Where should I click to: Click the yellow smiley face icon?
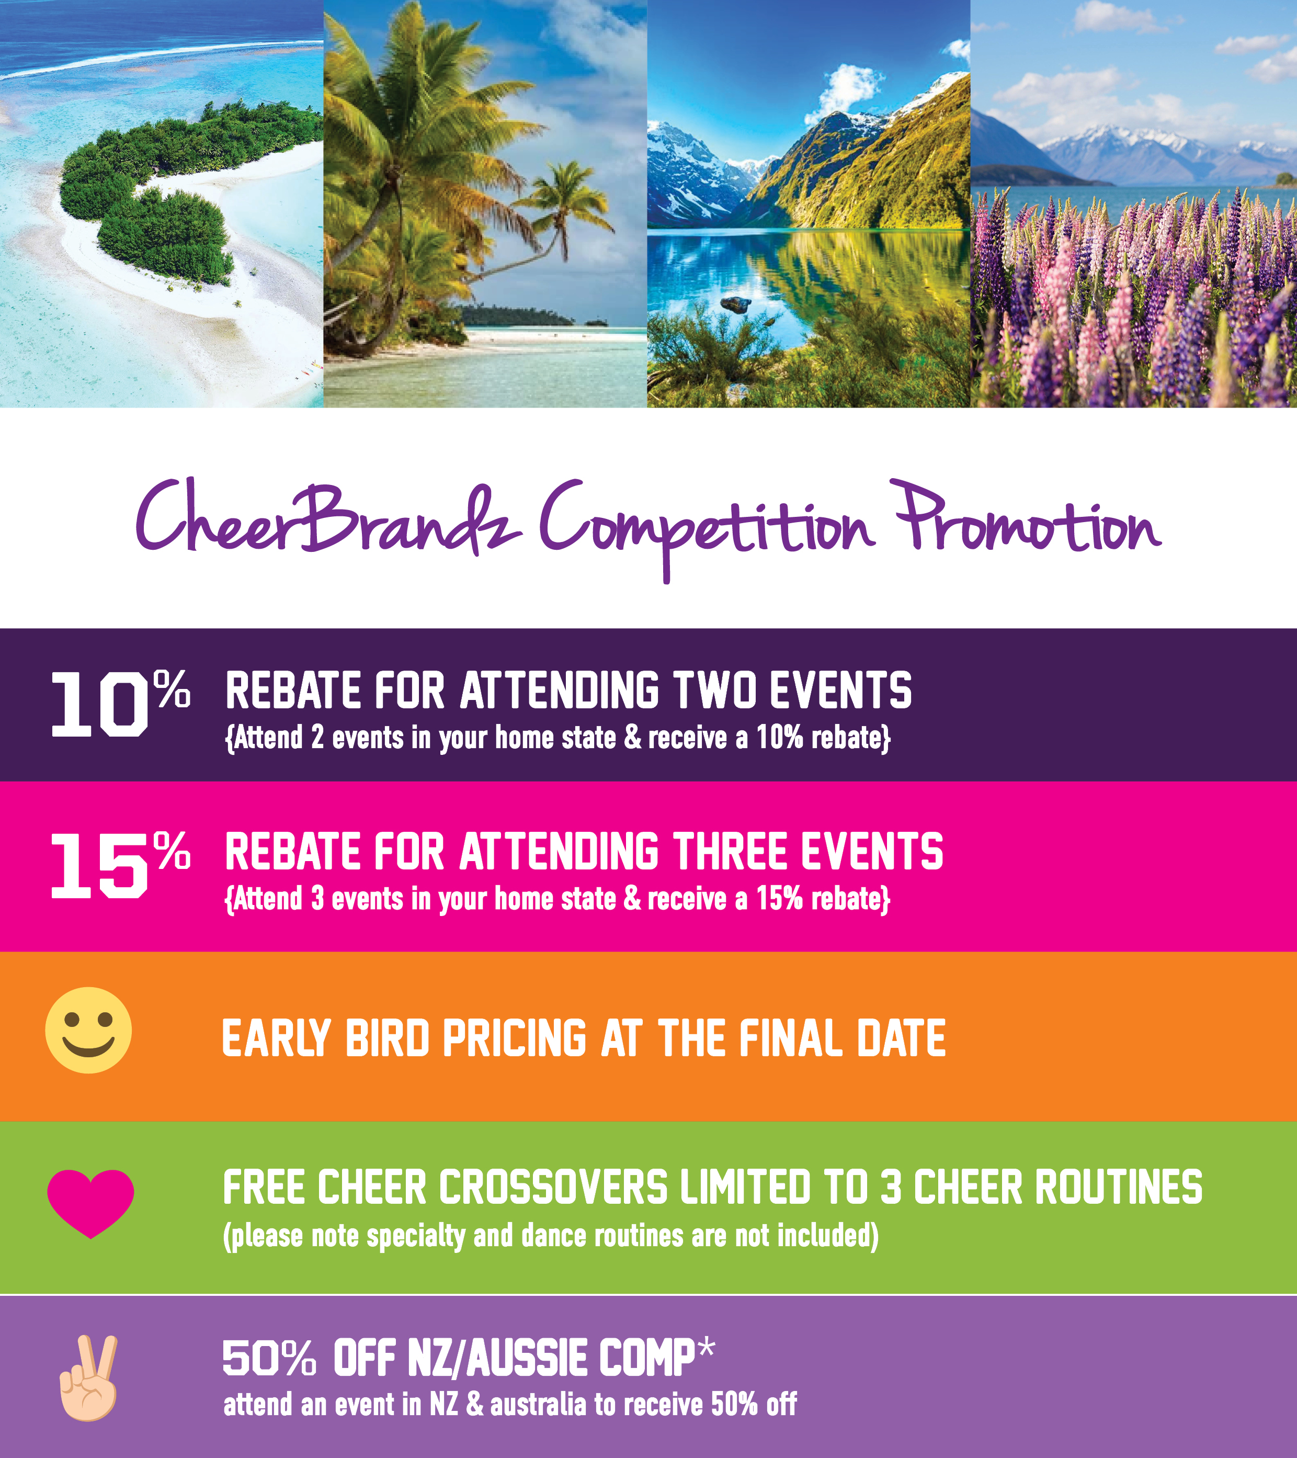(x=88, y=1030)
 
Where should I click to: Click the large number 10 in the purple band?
(x=98, y=705)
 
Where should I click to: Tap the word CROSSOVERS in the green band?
(x=553, y=1187)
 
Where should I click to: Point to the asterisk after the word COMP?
(x=706, y=1349)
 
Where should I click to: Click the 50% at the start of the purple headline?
(x=269, y=1358)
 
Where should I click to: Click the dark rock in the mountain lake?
(x=736, y=304)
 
